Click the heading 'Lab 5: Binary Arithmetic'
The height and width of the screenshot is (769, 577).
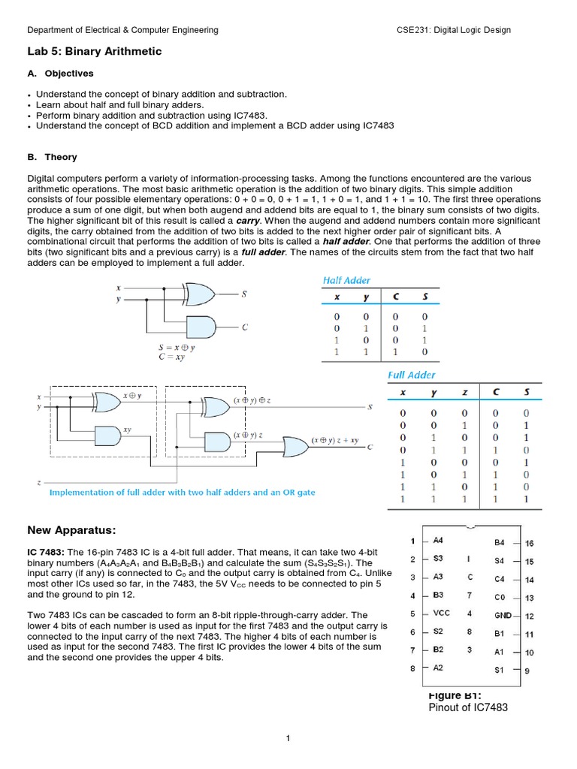pos(94,52)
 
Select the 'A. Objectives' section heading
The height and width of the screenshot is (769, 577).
pos(60,74)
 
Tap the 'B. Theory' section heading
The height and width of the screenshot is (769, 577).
pos(52,157)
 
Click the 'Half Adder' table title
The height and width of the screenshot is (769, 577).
pos(346,280)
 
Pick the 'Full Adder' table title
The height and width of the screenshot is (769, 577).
pos(411,375)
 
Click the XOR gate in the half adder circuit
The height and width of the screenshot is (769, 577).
pos(198,294)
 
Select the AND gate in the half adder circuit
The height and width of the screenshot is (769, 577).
pos(198,327)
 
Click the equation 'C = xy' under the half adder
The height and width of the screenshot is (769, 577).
pos(172,358)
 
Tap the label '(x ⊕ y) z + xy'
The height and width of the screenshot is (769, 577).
pos(335,439)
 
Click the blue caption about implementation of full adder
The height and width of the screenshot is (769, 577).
pos(182,493)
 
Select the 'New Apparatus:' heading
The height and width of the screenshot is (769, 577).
pos(71,530)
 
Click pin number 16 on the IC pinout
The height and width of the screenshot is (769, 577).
pos(529,543)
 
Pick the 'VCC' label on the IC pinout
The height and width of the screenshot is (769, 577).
pos(442,614)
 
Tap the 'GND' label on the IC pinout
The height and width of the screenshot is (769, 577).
pos(503,616)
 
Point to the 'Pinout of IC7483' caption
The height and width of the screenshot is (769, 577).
pos(467,707)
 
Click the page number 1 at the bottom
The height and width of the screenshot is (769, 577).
pos(288,739)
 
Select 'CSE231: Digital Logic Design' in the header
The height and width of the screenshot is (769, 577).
pos(453,30)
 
